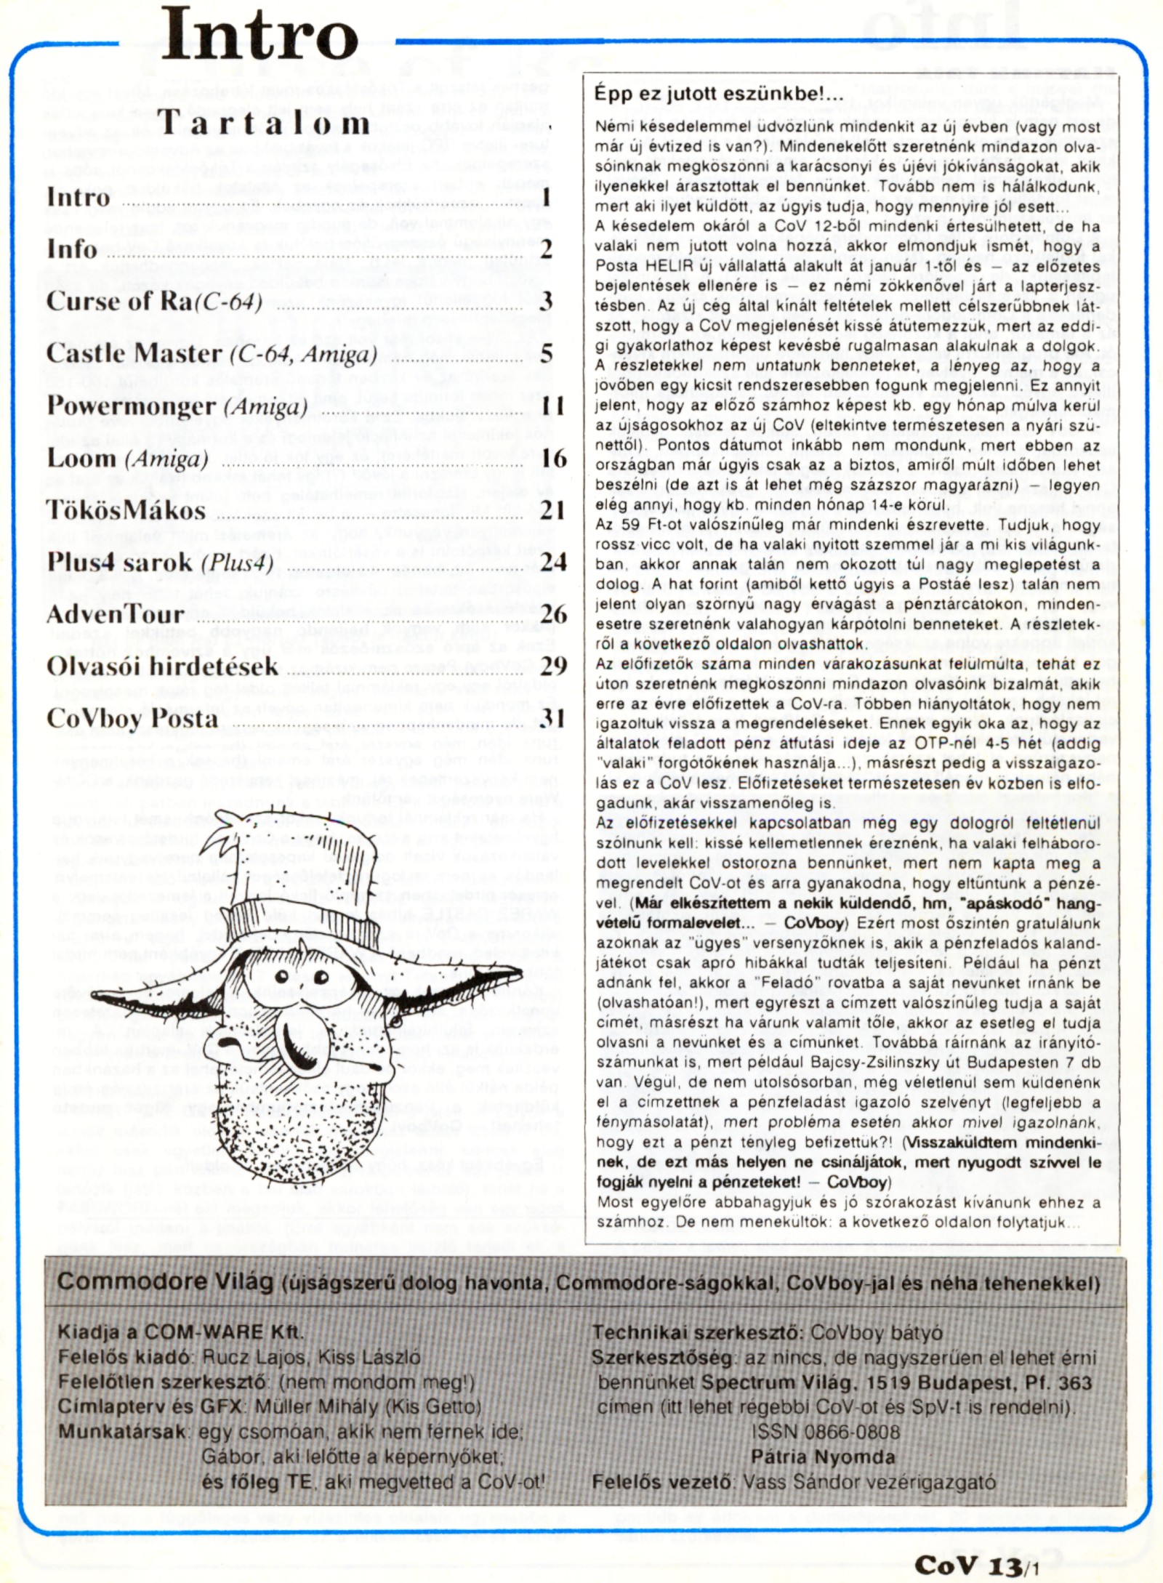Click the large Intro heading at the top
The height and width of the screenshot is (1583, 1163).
[259, 35]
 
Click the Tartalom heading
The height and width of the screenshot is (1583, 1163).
[263, 122]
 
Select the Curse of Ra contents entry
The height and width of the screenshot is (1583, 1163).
[154, 301]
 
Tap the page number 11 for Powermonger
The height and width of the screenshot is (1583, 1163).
[552, 406]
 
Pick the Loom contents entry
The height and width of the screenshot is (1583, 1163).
[128, 459]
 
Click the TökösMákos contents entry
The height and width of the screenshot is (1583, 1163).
[126, 510]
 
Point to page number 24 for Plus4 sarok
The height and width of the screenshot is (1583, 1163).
[552, 562]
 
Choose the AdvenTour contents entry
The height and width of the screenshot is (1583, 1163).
[115, 614]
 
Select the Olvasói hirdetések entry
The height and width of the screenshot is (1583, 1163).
[162, 666]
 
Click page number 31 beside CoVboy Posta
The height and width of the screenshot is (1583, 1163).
[552, 718]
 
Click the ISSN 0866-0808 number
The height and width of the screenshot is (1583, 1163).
[826, 1432]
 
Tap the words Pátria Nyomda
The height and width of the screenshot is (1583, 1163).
[823, 1457]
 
